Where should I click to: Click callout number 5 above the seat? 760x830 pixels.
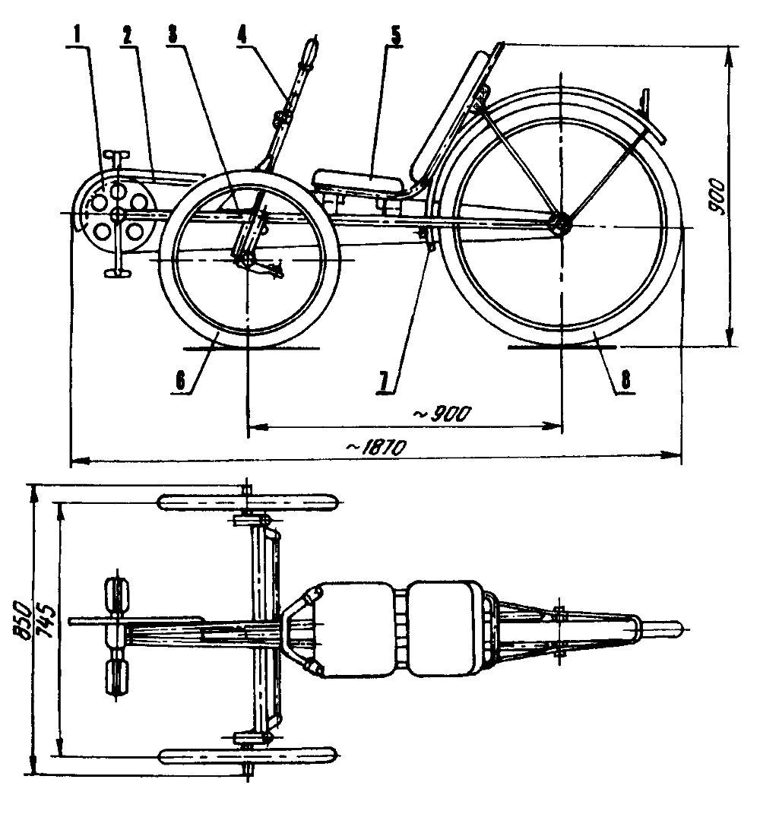pyautogui.click(x=395, y=36)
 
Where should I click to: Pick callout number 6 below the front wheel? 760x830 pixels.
pyautogui.click(x=180, y=381)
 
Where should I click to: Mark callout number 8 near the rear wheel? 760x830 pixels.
pyautogui.click(x=625, y=381)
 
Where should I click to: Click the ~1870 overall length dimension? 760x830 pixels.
pyautogui.click(x=376, y=448)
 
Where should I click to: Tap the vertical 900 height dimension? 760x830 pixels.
pyautogui.click(x=717, y=196)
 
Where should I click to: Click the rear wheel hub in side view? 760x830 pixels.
pyautogui.click(x=560, y=224)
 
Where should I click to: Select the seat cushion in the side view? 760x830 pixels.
pyautogui.click(x=361, y=181)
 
